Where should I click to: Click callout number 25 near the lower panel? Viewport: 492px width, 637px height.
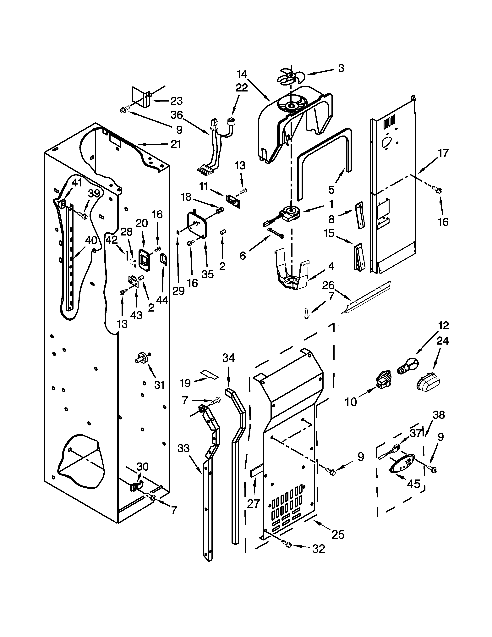click(x=338, y=535)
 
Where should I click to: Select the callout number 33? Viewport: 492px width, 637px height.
click(x=183, y=448)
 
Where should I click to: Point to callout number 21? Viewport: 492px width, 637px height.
click(x=176, y=144)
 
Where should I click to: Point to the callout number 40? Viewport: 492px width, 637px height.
click(x=91, y=240)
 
